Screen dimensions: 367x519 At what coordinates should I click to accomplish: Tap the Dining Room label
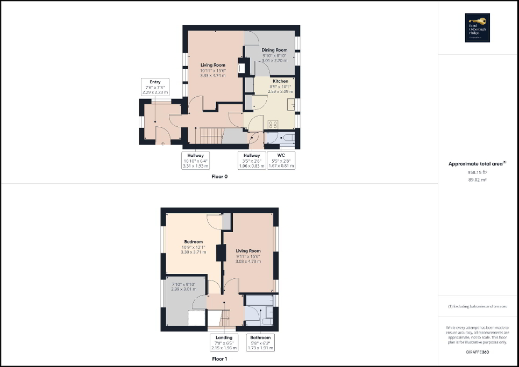point(274,50)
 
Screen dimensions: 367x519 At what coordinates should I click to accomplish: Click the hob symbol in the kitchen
point(273,124)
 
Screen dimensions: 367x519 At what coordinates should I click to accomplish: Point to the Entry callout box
point(155,87)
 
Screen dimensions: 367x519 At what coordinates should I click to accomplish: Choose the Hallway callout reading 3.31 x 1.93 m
point(195,160)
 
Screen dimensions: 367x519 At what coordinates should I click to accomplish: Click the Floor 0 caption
point(219,177)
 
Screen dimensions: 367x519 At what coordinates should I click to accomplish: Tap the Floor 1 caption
point(219,358)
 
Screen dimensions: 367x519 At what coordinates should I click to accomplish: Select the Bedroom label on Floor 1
point(194,242)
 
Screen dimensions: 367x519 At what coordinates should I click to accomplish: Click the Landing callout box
point(224,343)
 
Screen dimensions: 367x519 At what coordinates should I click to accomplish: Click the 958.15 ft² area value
point(478,172)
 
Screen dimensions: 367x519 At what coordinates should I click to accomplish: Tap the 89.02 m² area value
point(478,180)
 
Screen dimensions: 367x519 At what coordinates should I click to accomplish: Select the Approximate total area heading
point(478,163)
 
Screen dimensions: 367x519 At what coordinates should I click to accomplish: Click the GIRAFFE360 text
point(478,351)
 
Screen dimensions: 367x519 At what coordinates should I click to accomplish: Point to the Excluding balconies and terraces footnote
point(478,306)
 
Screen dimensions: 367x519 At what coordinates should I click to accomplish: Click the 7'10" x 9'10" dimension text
point(184,285)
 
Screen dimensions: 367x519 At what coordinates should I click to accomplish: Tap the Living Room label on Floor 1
point(248,251)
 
